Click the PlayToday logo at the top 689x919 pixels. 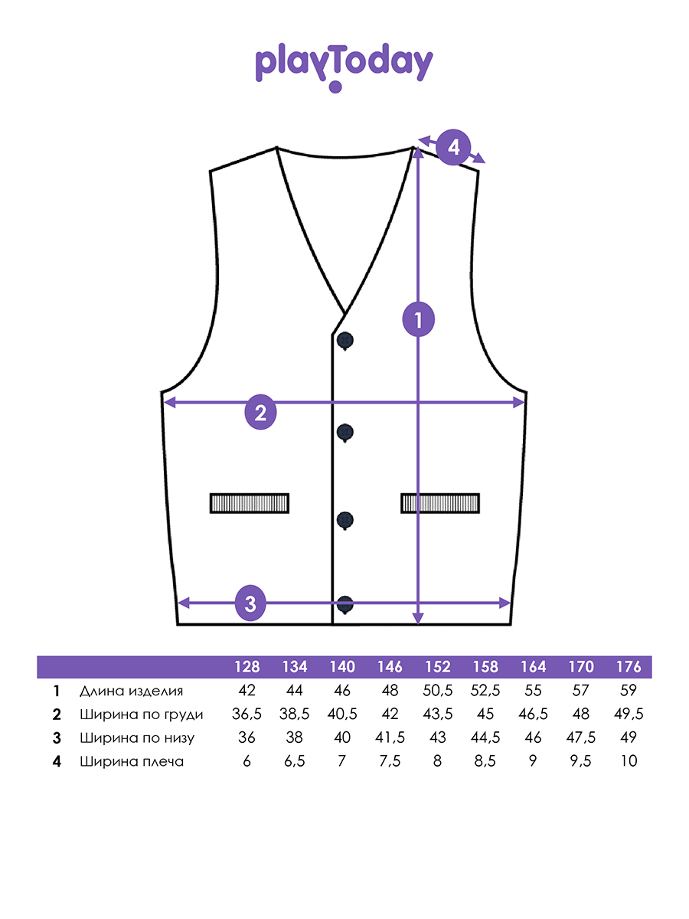344,67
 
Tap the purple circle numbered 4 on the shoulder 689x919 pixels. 453,147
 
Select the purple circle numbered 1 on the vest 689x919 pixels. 418,319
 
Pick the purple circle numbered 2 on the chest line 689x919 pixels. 260,412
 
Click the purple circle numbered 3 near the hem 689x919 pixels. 250,603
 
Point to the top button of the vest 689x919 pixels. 345,341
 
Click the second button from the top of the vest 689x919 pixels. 345,433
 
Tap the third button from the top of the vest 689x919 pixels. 345,521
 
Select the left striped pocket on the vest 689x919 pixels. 250,503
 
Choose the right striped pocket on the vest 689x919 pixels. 440,503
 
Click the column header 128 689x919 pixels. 247,667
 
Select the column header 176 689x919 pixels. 629,667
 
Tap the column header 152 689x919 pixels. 438,667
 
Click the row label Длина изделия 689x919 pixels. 132,692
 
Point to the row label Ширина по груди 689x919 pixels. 142,715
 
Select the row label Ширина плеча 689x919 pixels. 132,761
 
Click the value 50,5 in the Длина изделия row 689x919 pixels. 438,691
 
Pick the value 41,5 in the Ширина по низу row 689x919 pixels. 390,737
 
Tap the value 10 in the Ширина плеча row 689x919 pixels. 629,761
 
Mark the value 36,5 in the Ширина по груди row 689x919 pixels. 247,715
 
